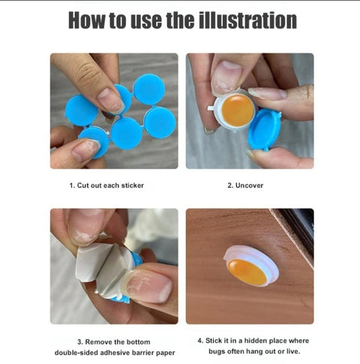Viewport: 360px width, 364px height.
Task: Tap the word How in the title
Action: [86, 20]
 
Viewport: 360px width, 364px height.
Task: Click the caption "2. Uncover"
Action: [245, 185]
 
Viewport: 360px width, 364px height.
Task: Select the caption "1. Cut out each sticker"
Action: [106, 185]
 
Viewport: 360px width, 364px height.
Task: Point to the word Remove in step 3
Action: [99, 341]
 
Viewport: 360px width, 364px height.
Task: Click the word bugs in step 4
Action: [217, 351]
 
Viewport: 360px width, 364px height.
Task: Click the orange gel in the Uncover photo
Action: [238, 110]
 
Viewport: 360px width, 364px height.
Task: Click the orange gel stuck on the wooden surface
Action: [247, 272]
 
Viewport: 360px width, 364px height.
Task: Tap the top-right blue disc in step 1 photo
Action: [149, 89]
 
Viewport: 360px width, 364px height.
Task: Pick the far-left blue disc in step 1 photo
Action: [81, 110]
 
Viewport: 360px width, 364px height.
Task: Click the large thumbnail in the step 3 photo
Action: [148, 286]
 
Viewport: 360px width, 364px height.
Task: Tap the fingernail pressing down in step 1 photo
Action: [111, 100]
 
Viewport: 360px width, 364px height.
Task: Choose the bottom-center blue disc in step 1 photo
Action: [127, 134]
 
